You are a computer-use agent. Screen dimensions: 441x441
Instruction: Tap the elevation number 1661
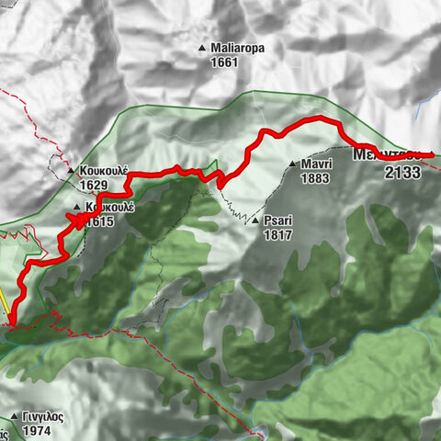click(224, 62)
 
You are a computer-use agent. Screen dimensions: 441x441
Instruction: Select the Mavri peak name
click(314, 165)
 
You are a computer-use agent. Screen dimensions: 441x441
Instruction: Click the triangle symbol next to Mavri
click(291, 165)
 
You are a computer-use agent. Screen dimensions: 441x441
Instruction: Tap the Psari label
click(277, 220)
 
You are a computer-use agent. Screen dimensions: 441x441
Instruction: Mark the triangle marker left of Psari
click(254, 220)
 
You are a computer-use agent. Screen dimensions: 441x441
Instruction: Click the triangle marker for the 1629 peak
click(71, 172)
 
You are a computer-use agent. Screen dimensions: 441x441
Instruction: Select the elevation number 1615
click(102, 220)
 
